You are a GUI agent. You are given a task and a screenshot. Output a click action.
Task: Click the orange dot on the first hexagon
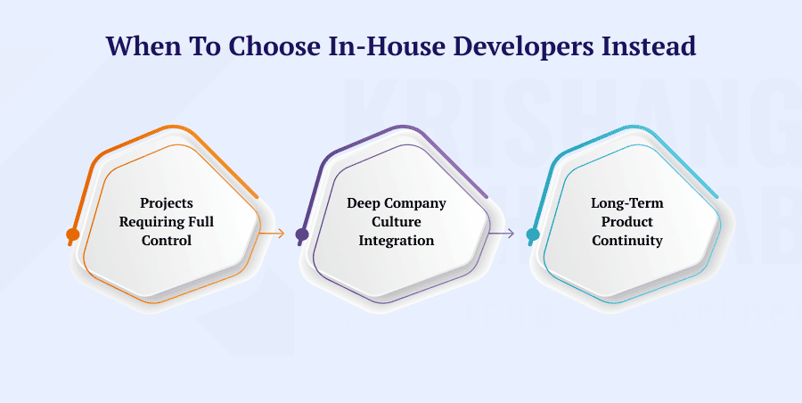73,235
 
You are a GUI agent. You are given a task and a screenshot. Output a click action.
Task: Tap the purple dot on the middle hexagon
302,235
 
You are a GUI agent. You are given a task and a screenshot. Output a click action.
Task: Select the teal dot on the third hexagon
533,235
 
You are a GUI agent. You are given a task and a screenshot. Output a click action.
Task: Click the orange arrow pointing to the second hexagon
273,234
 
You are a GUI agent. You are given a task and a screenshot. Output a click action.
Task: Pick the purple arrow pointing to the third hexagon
503,234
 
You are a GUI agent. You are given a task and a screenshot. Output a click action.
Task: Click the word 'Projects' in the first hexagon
167,203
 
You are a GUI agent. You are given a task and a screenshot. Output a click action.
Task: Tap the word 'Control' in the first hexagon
167,241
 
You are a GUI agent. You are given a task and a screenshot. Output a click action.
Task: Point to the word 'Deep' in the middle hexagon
363,203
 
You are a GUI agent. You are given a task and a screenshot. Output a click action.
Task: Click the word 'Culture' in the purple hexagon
397,222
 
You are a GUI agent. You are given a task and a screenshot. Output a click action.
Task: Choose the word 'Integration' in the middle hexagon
397,241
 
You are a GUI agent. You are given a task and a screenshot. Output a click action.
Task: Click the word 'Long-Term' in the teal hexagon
626,203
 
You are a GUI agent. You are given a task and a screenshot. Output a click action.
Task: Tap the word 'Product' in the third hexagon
626,222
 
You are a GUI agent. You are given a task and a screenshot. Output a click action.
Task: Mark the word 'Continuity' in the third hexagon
626,241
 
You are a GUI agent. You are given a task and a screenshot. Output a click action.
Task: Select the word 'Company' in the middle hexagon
413,203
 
